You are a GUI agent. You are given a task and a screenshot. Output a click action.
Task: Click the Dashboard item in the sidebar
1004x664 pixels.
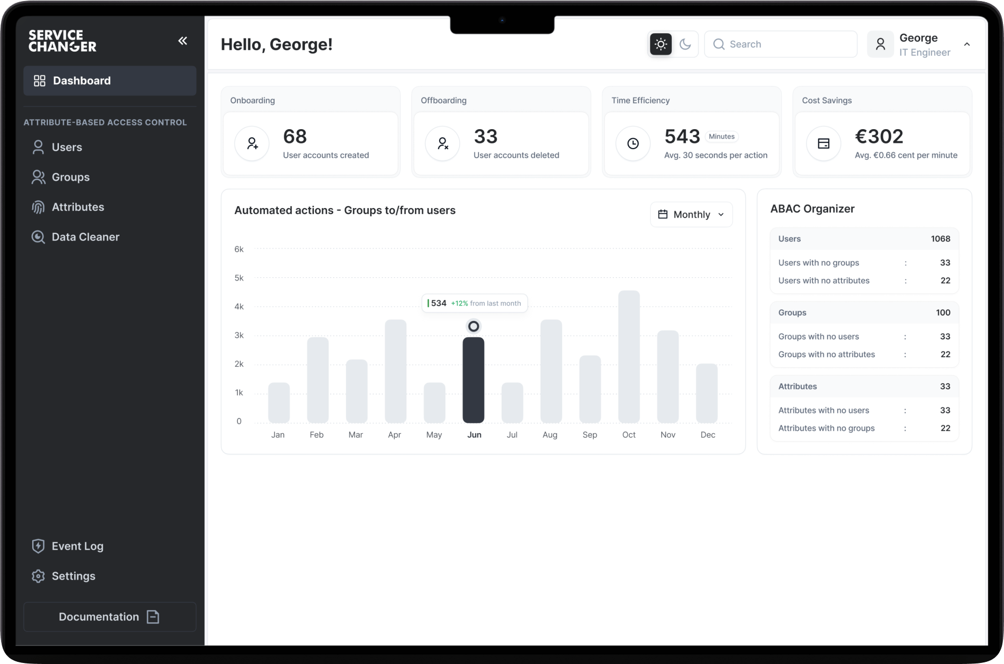(110, 81)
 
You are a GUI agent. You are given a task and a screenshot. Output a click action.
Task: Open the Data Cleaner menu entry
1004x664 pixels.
(85, 237)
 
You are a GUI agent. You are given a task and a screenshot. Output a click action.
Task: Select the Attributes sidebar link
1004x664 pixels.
(77, 207)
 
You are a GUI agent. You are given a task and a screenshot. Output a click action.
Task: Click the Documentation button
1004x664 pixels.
(110, 617)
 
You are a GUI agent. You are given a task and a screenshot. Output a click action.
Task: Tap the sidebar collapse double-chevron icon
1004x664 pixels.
(183, 41)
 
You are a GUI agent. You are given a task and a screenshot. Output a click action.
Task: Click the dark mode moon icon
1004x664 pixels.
(685, 44)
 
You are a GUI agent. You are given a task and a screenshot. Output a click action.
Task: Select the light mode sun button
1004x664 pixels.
(661, 44)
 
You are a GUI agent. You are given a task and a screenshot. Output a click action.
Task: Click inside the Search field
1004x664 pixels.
(784, 44)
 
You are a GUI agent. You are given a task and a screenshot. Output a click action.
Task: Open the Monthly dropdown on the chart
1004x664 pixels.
(691, 214)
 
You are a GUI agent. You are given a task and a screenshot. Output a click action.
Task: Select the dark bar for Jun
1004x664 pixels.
(473, 379)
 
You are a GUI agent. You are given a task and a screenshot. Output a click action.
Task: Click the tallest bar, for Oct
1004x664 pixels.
(629, 356)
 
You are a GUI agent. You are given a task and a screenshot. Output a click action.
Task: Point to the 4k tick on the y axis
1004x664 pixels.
(239, 307)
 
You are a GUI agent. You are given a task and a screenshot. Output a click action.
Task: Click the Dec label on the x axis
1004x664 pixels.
(708, 435)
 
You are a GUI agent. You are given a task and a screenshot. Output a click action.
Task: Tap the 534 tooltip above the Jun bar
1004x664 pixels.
(474, 303)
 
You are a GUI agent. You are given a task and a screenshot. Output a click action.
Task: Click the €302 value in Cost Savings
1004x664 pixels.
(879, 136)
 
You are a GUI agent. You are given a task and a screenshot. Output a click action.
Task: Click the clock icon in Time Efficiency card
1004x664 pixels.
(633, 143)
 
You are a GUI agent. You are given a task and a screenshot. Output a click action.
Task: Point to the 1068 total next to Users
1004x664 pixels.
(940, 239)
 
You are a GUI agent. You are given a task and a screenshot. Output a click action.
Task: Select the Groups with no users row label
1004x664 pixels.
(818, 337)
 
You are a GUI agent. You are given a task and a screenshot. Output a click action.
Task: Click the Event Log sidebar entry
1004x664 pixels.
(77, 546)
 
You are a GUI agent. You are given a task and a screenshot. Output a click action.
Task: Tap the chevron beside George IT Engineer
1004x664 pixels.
(967, 44)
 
